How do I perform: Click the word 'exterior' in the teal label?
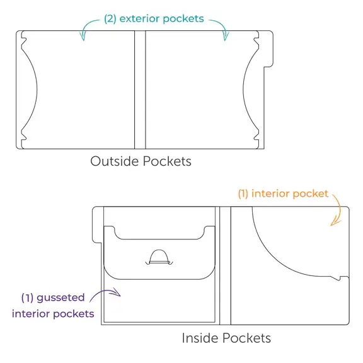(139, 18)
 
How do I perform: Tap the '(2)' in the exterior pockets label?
(110, 19)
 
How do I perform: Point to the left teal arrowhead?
(83, 37)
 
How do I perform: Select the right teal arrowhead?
(225, 37)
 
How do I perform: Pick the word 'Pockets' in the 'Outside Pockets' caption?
(167, 161)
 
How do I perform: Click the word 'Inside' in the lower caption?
(200, 338)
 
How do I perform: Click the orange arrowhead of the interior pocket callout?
(335, 222)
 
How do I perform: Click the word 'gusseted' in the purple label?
(60, 298)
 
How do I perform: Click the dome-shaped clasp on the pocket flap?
(159, 257)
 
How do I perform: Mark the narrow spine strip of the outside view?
(140, 89)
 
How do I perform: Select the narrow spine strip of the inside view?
(225, 265)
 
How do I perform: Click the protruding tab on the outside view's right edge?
(268, 49)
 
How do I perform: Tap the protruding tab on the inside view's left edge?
(97, 224)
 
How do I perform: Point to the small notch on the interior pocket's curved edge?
(338, 279)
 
